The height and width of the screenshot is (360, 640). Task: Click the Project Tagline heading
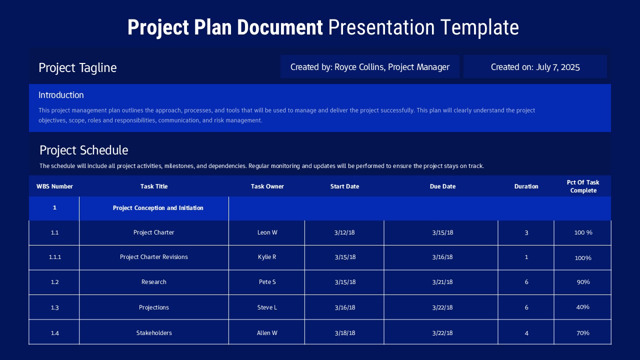tap(77, 68)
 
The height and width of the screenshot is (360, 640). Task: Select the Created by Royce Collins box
tap(369, 67)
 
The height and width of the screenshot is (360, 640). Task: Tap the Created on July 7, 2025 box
tap(535, 67)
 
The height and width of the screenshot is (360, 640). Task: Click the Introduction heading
tap(61, 95)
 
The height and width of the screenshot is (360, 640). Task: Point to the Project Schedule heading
tap(83, 150)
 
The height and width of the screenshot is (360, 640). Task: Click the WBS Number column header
tap(54, 186)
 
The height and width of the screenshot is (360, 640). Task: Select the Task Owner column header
tap(267, 186)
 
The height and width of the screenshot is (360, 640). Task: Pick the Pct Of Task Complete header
tap(583, 186)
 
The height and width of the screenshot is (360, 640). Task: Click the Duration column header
tap(526, 186)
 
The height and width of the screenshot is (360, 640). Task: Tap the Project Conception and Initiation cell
tap(158, 208)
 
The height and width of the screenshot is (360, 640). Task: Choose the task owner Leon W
tap(267, 232)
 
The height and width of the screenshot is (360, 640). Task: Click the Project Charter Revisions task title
tap(154, 257)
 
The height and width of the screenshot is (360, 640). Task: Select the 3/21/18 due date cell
tap(442, 282)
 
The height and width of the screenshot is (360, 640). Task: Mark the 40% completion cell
tap(582, 307)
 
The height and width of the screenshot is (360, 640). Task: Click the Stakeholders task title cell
tap(154, 333)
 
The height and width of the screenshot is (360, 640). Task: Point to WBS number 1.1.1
tap(54, 257)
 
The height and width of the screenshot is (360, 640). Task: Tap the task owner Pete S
tap(267, 282)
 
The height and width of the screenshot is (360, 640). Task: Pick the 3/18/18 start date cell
tap(345, 333)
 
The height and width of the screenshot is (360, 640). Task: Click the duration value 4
tap(526, 333)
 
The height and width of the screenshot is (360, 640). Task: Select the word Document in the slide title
tap(280, 27)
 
